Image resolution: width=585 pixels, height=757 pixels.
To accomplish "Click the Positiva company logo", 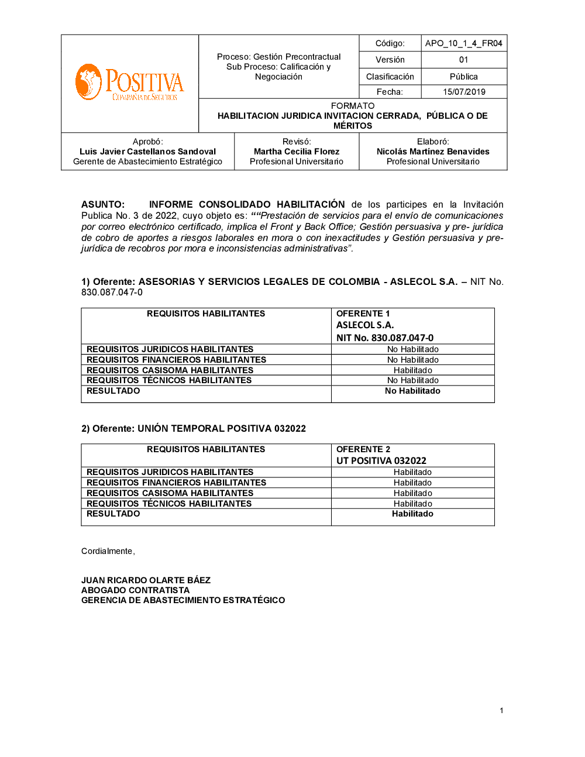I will click(x=129, y=82).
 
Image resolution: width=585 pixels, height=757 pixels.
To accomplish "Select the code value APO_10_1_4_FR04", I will click(x=463, y=43).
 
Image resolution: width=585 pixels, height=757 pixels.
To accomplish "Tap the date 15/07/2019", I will click(x=464, y=92).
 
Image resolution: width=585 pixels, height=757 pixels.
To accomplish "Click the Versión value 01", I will click(x=463, y=60).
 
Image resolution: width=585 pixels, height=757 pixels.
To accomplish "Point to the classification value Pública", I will click(x=463, y=77).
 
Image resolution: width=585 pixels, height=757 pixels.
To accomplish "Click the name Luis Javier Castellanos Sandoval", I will click(x=147, y=152).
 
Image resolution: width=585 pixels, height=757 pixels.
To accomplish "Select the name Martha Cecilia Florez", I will click(x=297, y=152).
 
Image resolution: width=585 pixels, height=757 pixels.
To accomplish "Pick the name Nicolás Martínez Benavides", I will click(x=433, y=152).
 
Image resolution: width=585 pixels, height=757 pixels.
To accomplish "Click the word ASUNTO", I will click(x=102, y=205).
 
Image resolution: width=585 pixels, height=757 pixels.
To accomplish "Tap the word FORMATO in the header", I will click(x=352, y=106).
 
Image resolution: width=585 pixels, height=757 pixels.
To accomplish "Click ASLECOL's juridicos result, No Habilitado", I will click(x=412, y=349).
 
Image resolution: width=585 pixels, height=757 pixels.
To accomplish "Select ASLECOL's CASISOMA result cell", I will click(x=412, y=370).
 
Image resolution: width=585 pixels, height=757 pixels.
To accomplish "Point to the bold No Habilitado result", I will click(x=412, y=391).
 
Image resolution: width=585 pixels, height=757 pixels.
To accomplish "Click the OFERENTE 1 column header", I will click(x=363, y=314).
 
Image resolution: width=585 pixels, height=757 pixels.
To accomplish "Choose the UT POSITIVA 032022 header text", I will click(x=381, y=460).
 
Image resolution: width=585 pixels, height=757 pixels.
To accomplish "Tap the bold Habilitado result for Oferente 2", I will click(x=412, y=514).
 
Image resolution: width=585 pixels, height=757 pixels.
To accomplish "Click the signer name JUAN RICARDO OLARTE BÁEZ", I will click(x=146, y=580).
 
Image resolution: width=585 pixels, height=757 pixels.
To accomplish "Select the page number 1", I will click(x=501, y=711).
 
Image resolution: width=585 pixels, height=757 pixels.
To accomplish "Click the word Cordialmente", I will click(x=107, y=551).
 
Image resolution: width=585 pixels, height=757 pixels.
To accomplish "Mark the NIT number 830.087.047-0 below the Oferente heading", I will click(x=112, y=293).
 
